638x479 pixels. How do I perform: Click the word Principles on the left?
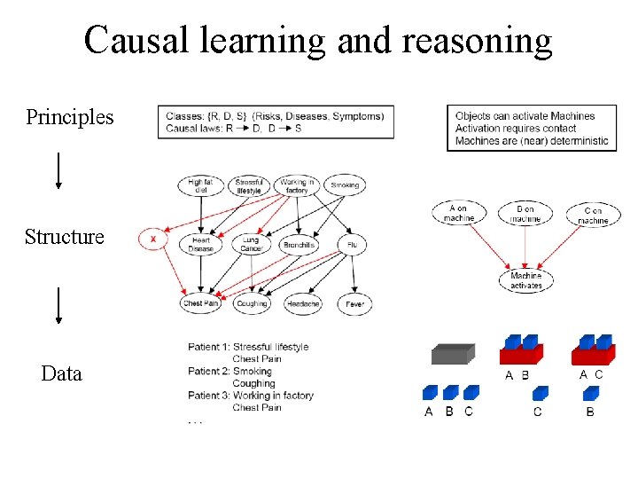69,117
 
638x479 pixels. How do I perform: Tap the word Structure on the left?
64,237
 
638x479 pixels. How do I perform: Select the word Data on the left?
61,373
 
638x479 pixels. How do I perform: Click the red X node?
153,239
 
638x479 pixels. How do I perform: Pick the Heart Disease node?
200,244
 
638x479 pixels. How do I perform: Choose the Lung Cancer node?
251,244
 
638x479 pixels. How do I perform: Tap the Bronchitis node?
299,245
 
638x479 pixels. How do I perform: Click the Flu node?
351,245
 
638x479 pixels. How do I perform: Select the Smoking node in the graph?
344,185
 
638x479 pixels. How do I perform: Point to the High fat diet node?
200,185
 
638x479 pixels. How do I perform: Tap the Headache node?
303,303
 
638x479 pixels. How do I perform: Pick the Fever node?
354,303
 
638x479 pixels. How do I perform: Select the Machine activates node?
525,280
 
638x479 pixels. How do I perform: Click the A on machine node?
459,213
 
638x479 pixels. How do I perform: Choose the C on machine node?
594,215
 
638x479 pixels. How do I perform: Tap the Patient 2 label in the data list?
209,372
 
